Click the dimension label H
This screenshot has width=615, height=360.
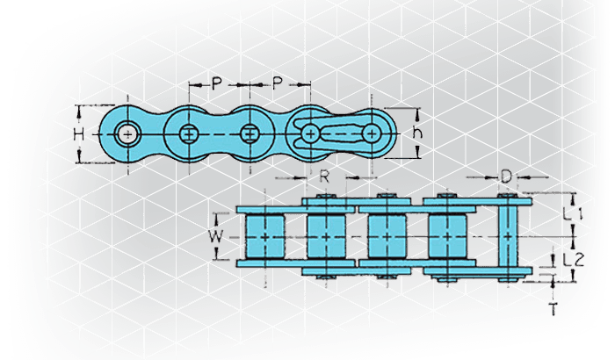[79, 135]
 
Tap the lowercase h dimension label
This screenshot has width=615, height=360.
[417, 133]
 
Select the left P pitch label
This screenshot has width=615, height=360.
[216, 83]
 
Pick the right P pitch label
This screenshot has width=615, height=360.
[278, 83]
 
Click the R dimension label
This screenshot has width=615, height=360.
[324, 176]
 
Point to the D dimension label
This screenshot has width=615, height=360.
[506, 176]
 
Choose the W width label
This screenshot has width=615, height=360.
[216, 237]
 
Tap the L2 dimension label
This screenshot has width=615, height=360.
[574, 260]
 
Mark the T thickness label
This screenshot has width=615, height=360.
[553, 310]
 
